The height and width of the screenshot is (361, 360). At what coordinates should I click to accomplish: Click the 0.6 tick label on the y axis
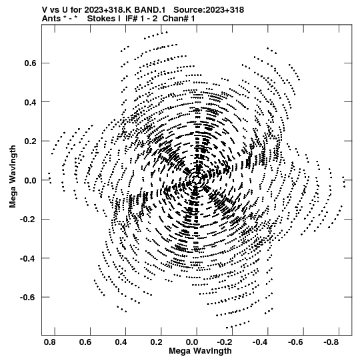(30, 63)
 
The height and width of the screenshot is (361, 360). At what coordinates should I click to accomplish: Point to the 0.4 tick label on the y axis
(30, 102)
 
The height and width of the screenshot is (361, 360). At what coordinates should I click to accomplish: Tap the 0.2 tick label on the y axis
(30, 141)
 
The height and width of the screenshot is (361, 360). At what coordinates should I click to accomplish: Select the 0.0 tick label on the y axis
(30, 180)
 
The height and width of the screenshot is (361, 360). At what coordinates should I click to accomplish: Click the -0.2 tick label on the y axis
(28, 219)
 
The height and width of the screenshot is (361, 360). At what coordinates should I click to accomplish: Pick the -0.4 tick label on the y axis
(28, 258)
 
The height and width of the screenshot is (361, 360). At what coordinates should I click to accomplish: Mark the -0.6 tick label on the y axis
(28, 297)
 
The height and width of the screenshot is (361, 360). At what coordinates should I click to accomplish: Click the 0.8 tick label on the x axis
(50, 342)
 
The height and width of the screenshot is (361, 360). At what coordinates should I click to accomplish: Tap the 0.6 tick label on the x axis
(85, 342)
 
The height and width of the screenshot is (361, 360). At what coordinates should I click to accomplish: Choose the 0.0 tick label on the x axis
(192, 342)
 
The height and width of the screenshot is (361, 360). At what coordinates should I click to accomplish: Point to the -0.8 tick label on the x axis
(332, 342)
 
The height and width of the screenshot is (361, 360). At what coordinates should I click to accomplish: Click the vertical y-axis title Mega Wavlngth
(13, 177)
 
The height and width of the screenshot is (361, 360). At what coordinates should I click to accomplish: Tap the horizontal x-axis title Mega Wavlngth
(200, 351)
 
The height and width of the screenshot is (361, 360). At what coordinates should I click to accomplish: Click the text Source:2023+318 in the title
(209, 10)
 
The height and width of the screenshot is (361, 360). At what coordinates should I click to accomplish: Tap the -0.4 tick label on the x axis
(261, 342)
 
